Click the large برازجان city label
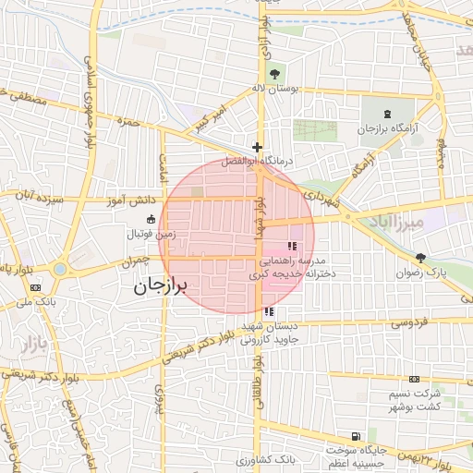pos(161,285)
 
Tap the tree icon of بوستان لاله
pos(273,72)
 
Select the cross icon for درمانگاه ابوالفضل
pos(257,147)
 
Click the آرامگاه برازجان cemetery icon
pos(387,113)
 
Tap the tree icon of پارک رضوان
pos(421,258)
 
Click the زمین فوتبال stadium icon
pos(152,220)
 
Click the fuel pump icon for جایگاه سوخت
pos(355,436)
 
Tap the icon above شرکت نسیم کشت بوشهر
pos(413,380)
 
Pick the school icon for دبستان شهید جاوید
pos(269,312)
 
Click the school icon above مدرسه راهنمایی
pos(293,246)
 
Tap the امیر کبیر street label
pos(210,116)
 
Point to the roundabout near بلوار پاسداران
pos(61,270)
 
